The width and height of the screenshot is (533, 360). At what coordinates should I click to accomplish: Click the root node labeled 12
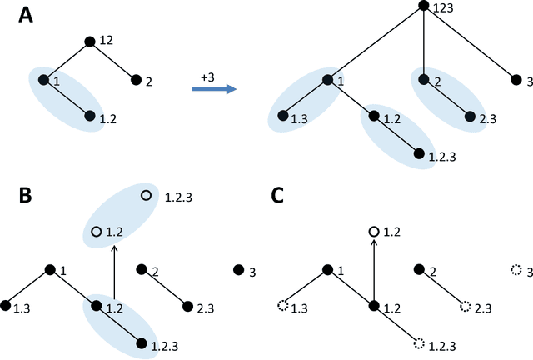(x=89, y=41)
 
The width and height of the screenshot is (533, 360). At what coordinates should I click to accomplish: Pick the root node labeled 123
(x=423, y=7)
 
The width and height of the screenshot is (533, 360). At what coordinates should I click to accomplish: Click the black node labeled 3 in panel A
(x=515, y=81)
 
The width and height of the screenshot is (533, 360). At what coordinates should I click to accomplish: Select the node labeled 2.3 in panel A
(x=470, y=117)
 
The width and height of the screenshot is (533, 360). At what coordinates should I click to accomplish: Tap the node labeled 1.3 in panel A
(x=284, y=117)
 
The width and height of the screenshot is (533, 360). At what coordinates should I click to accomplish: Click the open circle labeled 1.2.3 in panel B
(x=146, y=195)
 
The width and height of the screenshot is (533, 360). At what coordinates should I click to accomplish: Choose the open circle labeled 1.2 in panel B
(x=97, y=231)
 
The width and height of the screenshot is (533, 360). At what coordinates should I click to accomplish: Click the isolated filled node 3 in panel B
(x=238, y=270)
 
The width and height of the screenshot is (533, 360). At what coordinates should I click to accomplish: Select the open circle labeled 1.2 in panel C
(x=375, y=231)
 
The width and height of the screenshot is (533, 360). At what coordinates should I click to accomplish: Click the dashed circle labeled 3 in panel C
(x=515, y=270)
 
